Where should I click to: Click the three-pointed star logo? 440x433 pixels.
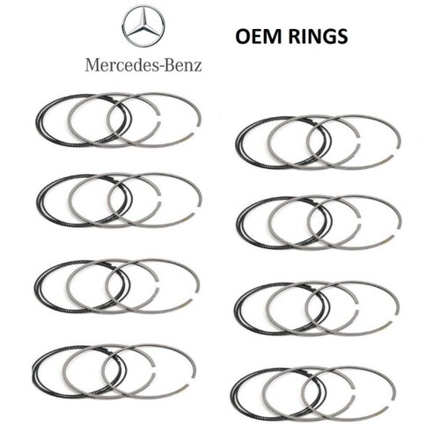pos(143,26)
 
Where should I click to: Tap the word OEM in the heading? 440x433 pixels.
pos(258,36)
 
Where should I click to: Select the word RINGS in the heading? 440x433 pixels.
pos(318,36)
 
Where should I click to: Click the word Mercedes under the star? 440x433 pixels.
pos(121,65)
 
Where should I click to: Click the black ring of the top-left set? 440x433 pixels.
pos(36,121)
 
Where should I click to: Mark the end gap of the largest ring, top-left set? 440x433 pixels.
pos(197,130)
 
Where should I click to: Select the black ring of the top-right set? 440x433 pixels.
pos(236,143)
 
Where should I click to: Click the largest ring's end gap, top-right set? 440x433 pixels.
pos(396,152)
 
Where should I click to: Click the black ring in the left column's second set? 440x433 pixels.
pos(37,201)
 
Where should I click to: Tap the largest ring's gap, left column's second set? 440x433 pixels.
pos(197,210)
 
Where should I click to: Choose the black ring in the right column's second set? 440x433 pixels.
pos(237,224)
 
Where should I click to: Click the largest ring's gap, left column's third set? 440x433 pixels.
pos(195,297)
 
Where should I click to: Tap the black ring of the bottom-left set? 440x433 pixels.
pos(33,372)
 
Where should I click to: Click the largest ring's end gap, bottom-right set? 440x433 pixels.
pos(392,404)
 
